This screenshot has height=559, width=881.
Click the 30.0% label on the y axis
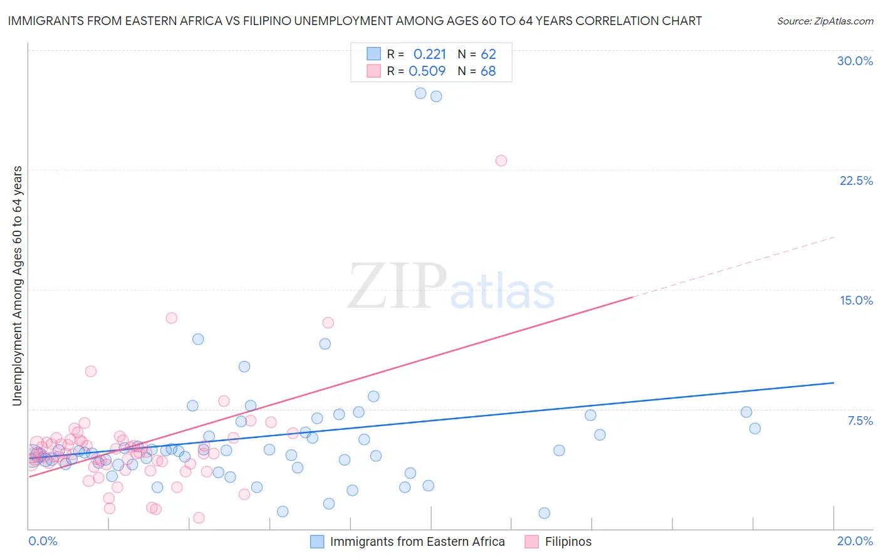pyautogui.click(x=855, y=61)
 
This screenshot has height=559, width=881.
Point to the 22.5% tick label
pyautogui.click(x=856, y=180)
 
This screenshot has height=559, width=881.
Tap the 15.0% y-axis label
pyautogui.click(x=856, y=300)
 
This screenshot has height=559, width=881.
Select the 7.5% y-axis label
pyautogui.click(x=860, y=421)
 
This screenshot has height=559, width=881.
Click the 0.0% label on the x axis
pyautogui.click(x=43, y=541)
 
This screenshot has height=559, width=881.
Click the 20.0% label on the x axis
pyautogui.click(x=855, y=541)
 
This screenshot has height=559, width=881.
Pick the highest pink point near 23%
pyautogui.click(x=501, y=160)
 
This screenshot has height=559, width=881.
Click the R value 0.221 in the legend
pyautogui.click(x=429, y=55)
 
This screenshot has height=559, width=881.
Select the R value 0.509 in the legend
pyautogui.click(x=427, y=71)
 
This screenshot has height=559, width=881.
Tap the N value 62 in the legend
pyautogui.click(x=488, y=55)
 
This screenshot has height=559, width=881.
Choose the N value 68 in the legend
pyautogui.click(x=488, y=71)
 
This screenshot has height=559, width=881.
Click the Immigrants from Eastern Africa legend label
pyautogui.click(x=417, y=541)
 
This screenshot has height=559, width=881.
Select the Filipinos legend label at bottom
pyautogui.click(x=568, y=541)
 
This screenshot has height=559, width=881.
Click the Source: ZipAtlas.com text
pyautogui.click(x=825, y=21)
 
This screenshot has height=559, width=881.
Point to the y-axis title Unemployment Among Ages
pyautogui.click(x=18, y=286)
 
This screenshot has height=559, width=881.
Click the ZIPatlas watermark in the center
pyautogui.click(x=451, y=287)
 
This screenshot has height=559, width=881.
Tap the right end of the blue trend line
pyautogui.click(x=833, y=382)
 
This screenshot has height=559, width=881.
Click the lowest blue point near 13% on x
pyautogui.click(x=544, y=513)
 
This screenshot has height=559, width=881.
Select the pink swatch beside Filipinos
pyautogui.click(x=531, y=541)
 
